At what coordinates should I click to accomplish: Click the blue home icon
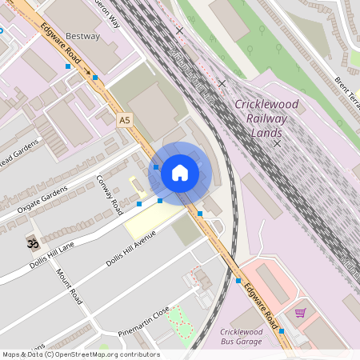coord(180,172)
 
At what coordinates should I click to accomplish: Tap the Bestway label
coord(83,36)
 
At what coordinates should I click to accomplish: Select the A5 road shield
coord(124,120)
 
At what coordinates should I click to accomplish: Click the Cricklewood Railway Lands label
coord(267,118)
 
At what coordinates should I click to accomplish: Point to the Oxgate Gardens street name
coord(45,201)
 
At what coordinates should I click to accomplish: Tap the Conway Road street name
coord(109,194)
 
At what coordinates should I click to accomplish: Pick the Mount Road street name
coord(69,286)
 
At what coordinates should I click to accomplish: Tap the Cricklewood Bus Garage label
coord(241,337)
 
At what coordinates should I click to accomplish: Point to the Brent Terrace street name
coord(346,93)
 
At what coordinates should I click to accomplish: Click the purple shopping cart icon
coord(301,313)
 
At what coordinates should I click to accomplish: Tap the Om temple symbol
coord(32,242)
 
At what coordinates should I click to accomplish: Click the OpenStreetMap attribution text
coord(80,354)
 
